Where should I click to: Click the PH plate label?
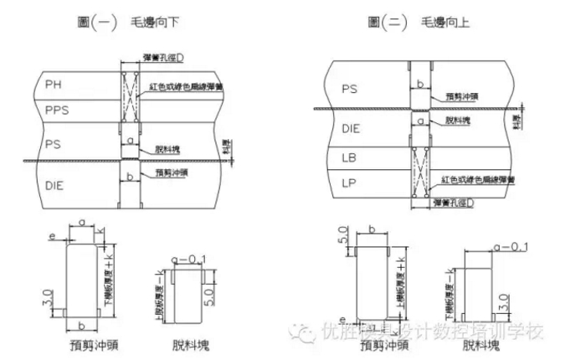click(x=54, y=85)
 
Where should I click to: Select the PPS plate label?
click(x=58, y=110)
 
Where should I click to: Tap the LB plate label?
click(x=351, y=157)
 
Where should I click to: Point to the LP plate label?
click(x=351, y=182)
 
